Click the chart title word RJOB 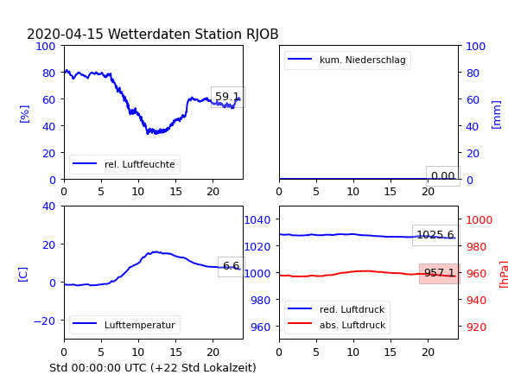[x=263, y=35]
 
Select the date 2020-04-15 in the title [x=65, y=35]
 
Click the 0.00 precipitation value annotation [x=443, y=176]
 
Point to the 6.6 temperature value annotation [x=232, y=266]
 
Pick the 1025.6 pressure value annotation [x=435, y=235]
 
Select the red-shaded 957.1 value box [x=440, y=273]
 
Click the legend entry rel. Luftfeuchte [x=124, y=164]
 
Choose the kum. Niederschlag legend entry [x=347, y=60]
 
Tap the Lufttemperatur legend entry [x=124, y=325]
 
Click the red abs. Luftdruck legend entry [x=337, y=325]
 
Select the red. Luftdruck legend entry [x=336, y=309]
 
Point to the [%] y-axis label [x=24, y=114]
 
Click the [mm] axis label [x=496, y=115]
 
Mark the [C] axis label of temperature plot [x=23, y=275]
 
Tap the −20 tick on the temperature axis [x=44, y=321]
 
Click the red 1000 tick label [x=479, y=220]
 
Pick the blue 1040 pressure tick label [x=257, y=220]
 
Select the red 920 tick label [x=476, y=327]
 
